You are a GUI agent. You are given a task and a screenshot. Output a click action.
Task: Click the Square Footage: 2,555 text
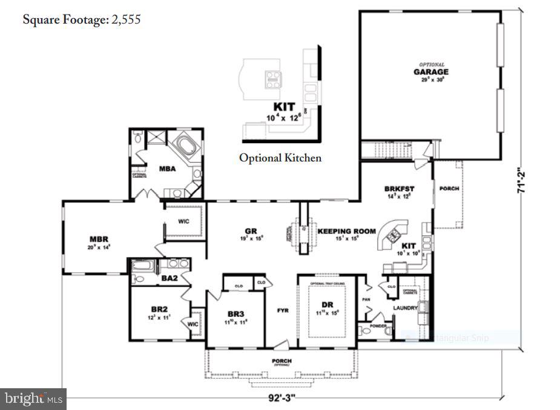(82, 19)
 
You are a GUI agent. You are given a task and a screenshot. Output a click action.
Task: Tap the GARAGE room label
(431, 72)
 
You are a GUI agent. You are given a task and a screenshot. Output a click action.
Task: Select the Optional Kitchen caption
(280, 158)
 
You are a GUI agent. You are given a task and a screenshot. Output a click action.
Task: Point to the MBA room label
(167, 169)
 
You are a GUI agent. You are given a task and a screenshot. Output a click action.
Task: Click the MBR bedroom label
(99, 239)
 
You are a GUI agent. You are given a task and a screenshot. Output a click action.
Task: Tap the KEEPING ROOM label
(346, 231)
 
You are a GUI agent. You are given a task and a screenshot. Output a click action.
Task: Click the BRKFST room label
(399, 189)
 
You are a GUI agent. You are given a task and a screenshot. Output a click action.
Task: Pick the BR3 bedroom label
(236, 314)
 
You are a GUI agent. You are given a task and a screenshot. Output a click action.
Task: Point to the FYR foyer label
(282, 310)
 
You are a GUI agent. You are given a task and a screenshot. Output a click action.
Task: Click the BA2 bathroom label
(169, 278)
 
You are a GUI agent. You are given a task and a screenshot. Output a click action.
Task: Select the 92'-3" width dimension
(282, 399)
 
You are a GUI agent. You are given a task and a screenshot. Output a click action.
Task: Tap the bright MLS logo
(33, 399)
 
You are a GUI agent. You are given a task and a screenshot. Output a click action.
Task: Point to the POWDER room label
(378, 326)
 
